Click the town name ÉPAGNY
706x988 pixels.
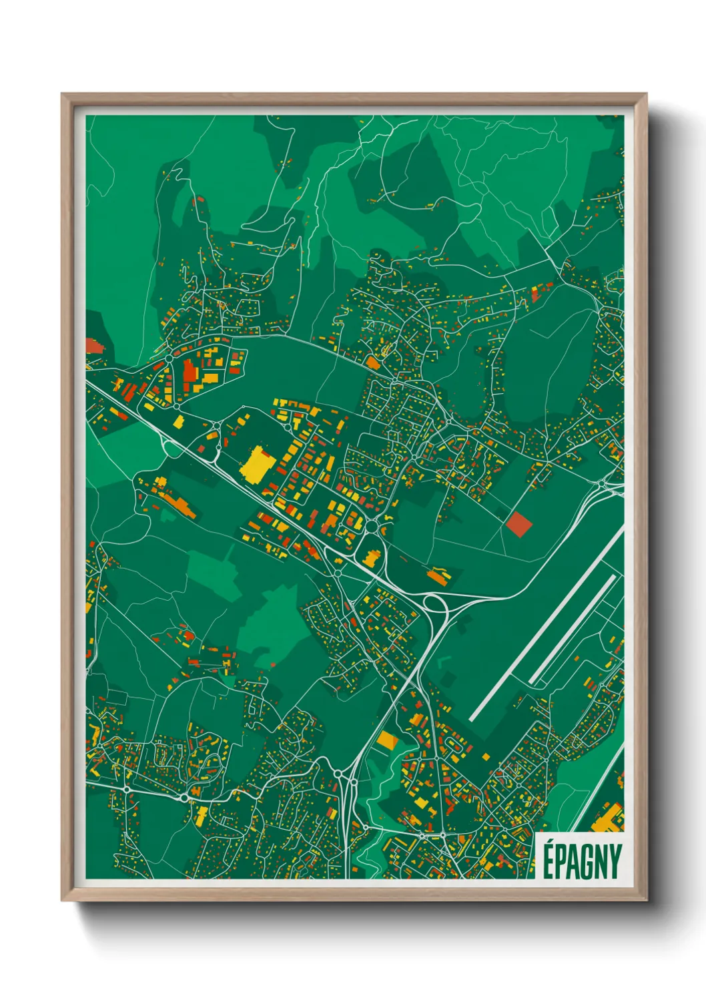click(x=581, y=861)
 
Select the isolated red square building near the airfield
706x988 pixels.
click(x=518, y=524)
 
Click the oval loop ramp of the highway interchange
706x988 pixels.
click(x=436, y=605)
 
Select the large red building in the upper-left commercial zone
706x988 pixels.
click(x=190, y=370)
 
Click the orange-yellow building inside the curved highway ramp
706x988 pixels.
click(x=370, y=557)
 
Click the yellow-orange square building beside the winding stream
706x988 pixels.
click(x=388, y=740)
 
